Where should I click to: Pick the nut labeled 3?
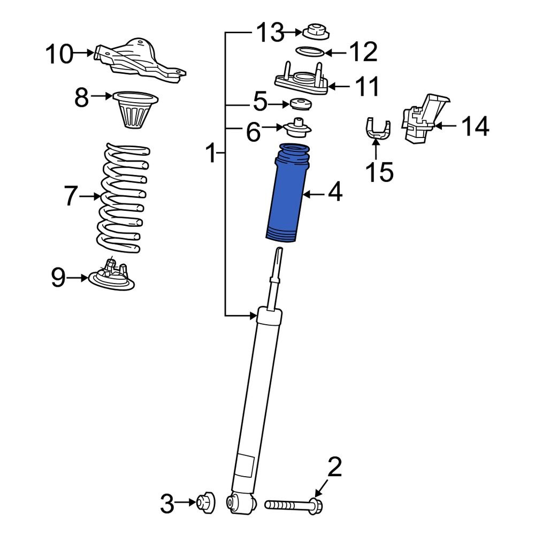point(206,502)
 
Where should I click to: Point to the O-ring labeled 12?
point(309,52)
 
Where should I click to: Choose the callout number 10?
point(59,54)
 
